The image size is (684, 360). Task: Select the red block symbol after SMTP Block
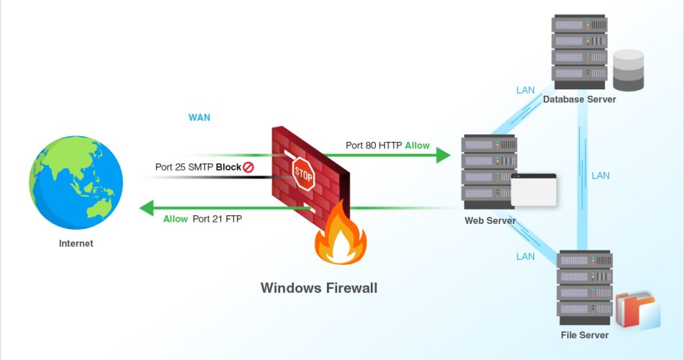pyautogui.click(x=248, y=167)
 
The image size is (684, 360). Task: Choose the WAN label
pyautogui.click(x=199, y=117)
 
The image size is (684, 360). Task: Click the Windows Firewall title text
pyautogui.click(x=318, y=288)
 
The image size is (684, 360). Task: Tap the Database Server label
pyautogui.click(x=580, y=99)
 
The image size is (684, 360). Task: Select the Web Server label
pyautogui.click(x=490, y=220)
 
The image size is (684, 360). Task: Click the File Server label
pyautogui.click(x=585, y=335)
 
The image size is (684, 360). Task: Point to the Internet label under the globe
pyautogui.click(x=76, y=243)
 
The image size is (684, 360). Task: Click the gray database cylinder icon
pyautogui.click(x=628, y=70)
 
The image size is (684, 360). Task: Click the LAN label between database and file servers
pyautogui.click(x=600, y=175)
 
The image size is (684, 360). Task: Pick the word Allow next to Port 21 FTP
pyautogui.click(x=176, y=219)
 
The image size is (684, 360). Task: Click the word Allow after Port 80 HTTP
pyautogui.click(x=417, y=145)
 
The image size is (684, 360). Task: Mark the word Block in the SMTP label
pyautogui.click(x=228, y=167)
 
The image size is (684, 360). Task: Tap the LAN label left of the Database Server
pyautogui.click(x=526, y=90)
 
